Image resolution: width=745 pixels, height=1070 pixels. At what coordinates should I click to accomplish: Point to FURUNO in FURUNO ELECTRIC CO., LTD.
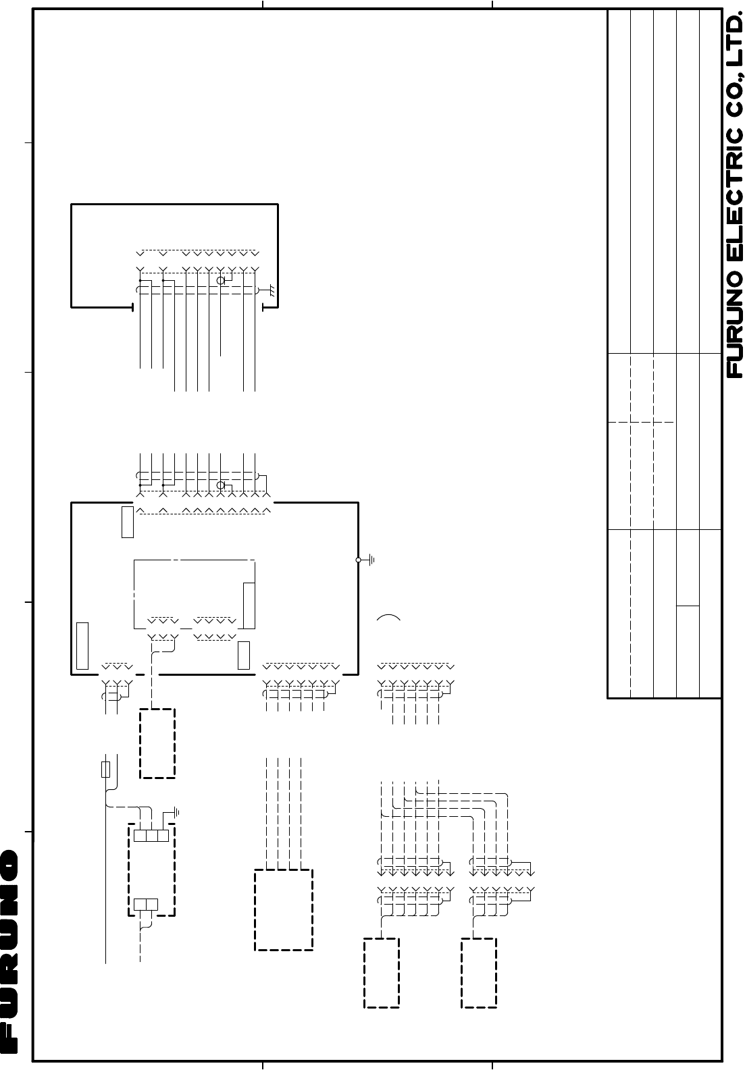click(736, 325)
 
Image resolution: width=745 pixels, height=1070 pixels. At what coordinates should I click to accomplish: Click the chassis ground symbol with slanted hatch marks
click(272, 290)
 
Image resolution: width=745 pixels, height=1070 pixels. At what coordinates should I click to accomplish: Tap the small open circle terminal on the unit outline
click(359, 560)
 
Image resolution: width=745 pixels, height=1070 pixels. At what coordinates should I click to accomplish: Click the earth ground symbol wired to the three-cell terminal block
click(176, 811)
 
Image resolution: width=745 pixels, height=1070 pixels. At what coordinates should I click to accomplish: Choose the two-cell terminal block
click(146, 904)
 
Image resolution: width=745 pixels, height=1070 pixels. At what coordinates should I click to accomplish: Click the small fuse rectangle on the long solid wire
click(105, 769)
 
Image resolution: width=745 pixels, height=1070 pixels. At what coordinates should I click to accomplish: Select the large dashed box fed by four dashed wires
click(284, 910)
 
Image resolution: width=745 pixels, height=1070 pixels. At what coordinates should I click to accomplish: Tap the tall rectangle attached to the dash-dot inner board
click(249, 606)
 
